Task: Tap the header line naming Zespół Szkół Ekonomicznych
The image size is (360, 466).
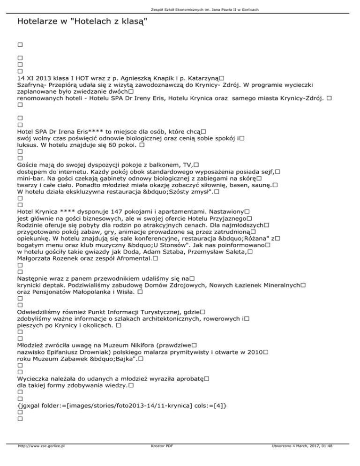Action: pyautogui.click(x=180, y=9)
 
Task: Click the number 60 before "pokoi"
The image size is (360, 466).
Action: pyautogui.click(x=115, y=145)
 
